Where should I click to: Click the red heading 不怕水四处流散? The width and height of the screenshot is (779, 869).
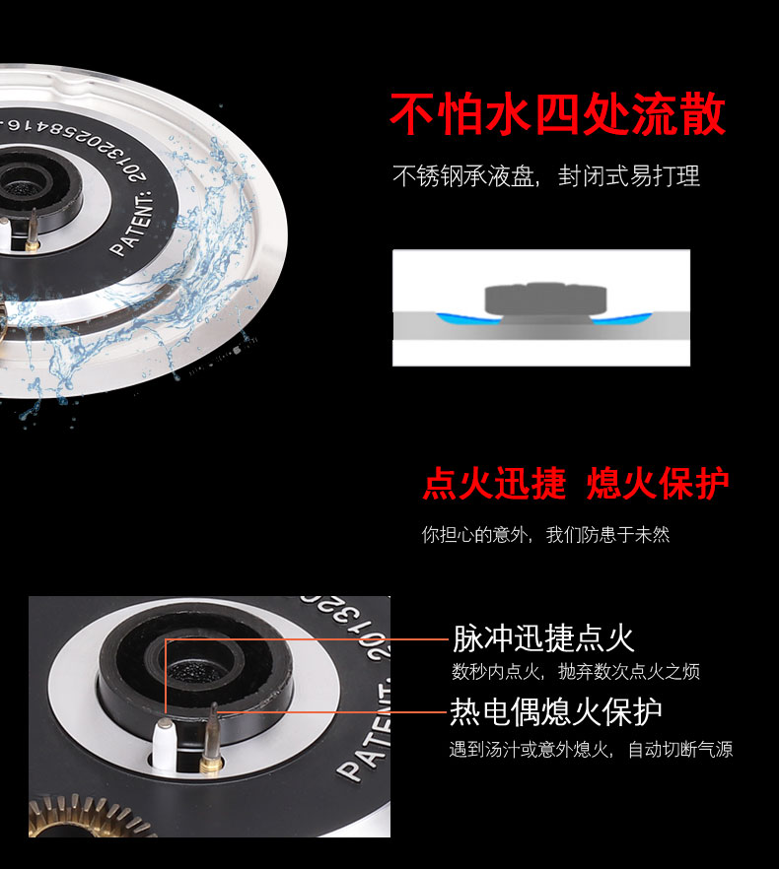(557, 114)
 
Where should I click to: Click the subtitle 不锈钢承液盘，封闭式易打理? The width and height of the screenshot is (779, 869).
(546, 176)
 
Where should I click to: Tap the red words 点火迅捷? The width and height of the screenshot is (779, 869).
(494, 483)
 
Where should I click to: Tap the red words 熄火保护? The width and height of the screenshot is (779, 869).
(658, 483)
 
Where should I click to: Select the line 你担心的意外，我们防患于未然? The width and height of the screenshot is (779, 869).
(545, 535)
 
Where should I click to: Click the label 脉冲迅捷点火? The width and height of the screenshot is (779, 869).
(542, 637)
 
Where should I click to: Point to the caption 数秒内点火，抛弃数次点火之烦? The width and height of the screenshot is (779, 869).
(575, 672)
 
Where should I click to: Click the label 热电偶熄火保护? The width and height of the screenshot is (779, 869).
(555, 711)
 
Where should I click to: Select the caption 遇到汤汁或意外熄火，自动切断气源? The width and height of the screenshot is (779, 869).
(591, 749)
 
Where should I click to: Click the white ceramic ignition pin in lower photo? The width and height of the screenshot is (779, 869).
(164, 743)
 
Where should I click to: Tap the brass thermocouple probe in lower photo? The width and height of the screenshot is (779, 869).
(211, 739)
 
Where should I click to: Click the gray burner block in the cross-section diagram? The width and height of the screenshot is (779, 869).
(545, 300)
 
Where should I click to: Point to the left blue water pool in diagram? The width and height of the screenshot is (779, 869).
(465, 319)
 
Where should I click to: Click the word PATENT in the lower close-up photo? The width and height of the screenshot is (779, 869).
(364, 730)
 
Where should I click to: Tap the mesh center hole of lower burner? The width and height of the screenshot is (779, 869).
(194, 669)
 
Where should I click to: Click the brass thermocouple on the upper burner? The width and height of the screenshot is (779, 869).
(33, 230)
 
